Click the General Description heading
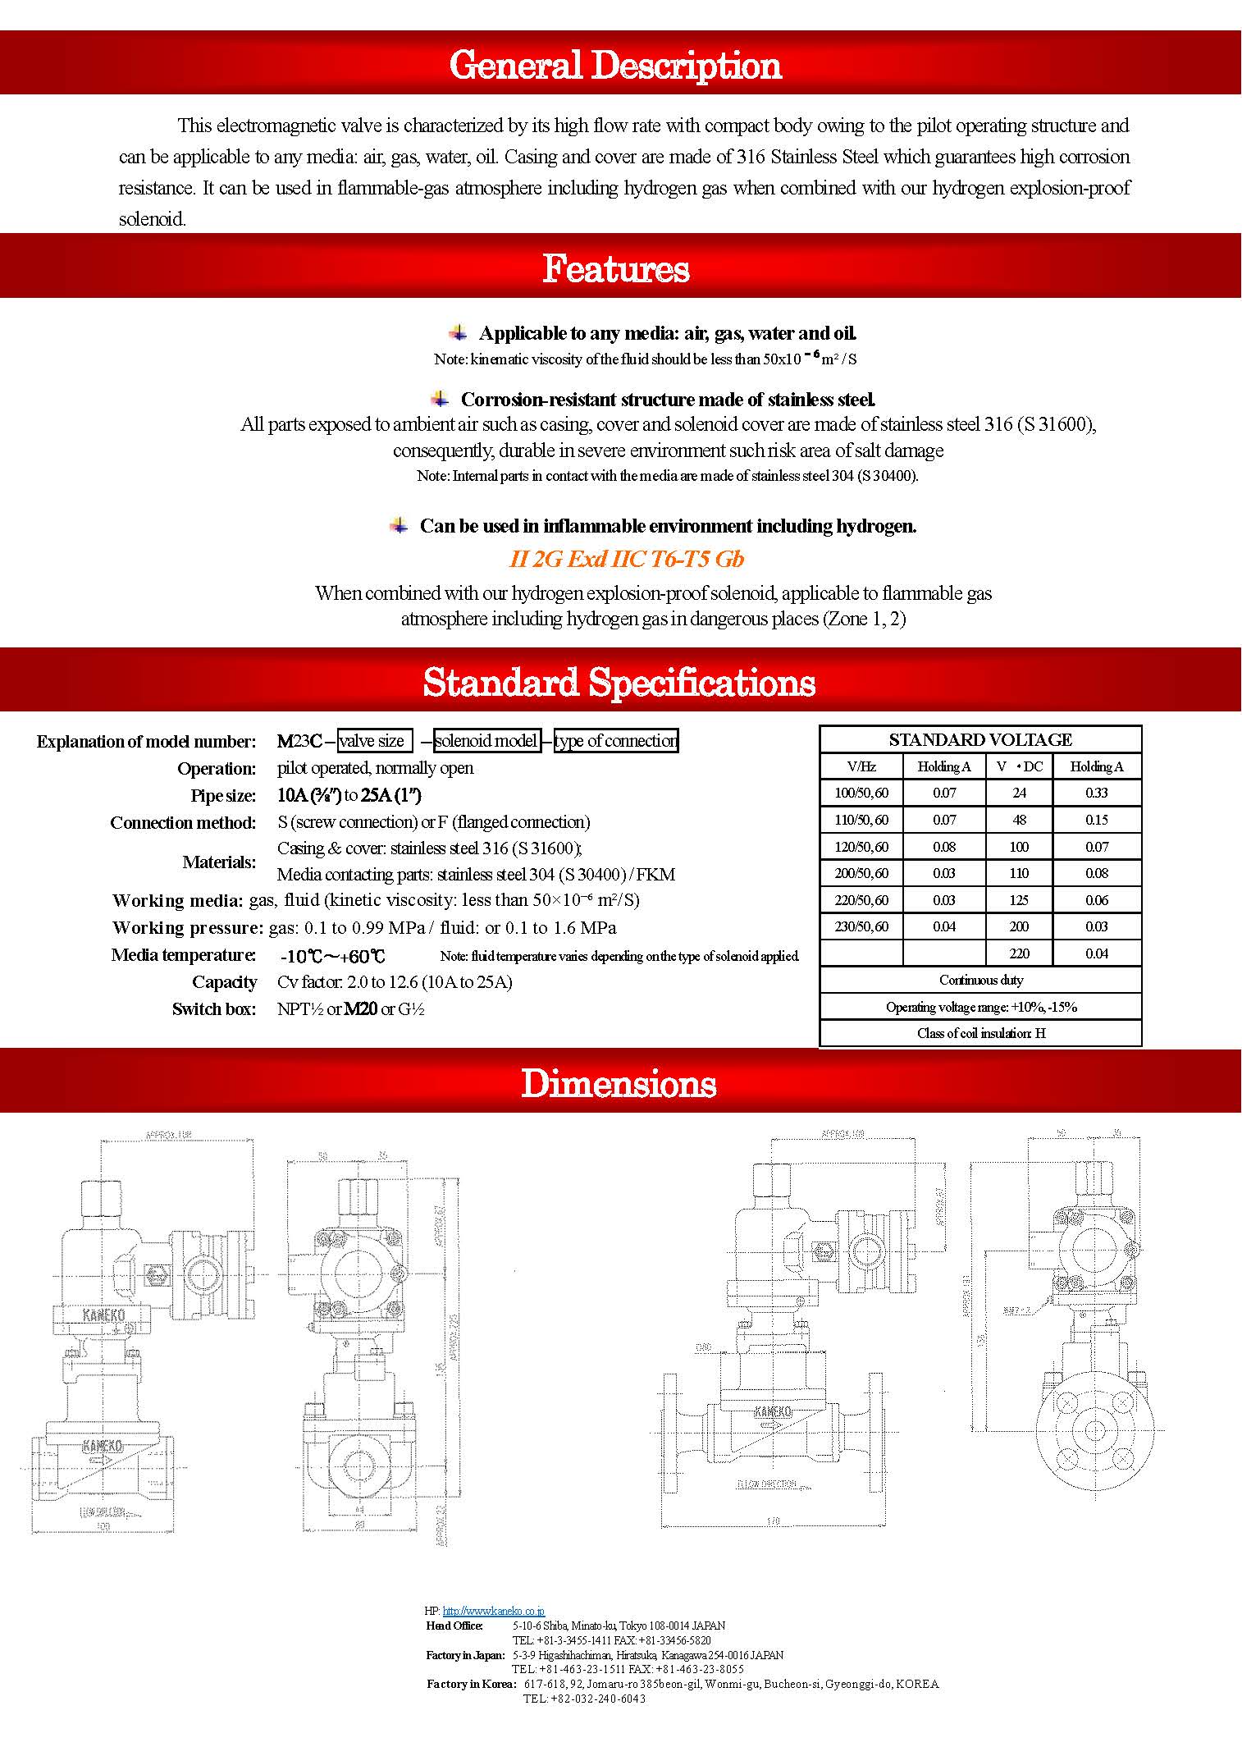pos(615,66)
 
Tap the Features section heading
pos(615,269)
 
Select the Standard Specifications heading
pos(619,683)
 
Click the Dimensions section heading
pos(619,1083)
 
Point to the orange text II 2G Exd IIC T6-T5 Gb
pos(627,560)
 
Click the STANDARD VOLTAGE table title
pos(980,739)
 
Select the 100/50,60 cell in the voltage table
pos(861,793)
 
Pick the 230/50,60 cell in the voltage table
pos(861,926)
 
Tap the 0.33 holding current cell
pos(1096,793)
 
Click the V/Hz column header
pos(861,766)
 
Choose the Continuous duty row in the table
pos(980,980)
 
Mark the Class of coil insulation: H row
pos(980,1033)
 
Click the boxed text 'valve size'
pos(374,741)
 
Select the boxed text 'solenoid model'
pos(486,741)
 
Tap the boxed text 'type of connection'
pos(616,741)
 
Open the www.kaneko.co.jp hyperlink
pos(493,1612)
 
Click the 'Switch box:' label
pos(214,1009)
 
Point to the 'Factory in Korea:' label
pos(470,1684)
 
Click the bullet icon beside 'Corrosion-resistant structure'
pos(441,400)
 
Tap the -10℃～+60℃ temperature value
pos(332,956)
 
